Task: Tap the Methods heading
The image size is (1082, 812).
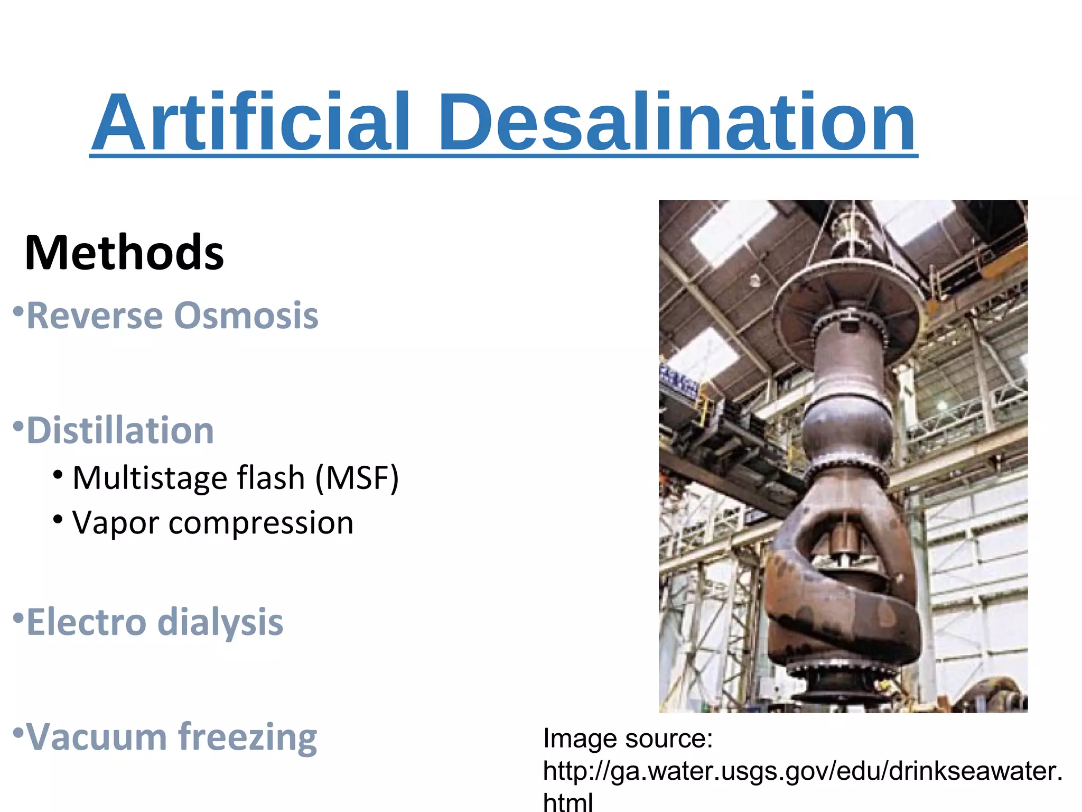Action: pos(124,253)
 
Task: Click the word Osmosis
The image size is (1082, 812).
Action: pos(246,316)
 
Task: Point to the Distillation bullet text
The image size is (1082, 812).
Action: pos(120,430)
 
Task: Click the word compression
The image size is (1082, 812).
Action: pos(260,523)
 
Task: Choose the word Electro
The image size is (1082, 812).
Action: pos(86,622)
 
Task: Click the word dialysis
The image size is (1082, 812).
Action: pos(220,622)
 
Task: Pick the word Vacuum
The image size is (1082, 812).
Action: pos(97,736)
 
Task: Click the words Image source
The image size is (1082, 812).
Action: pos(628,739)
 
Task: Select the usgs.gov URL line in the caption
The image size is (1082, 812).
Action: pos(802,771)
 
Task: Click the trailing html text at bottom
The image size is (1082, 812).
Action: pos(568,801)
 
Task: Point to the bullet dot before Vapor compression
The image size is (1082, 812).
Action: pos(58,519)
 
